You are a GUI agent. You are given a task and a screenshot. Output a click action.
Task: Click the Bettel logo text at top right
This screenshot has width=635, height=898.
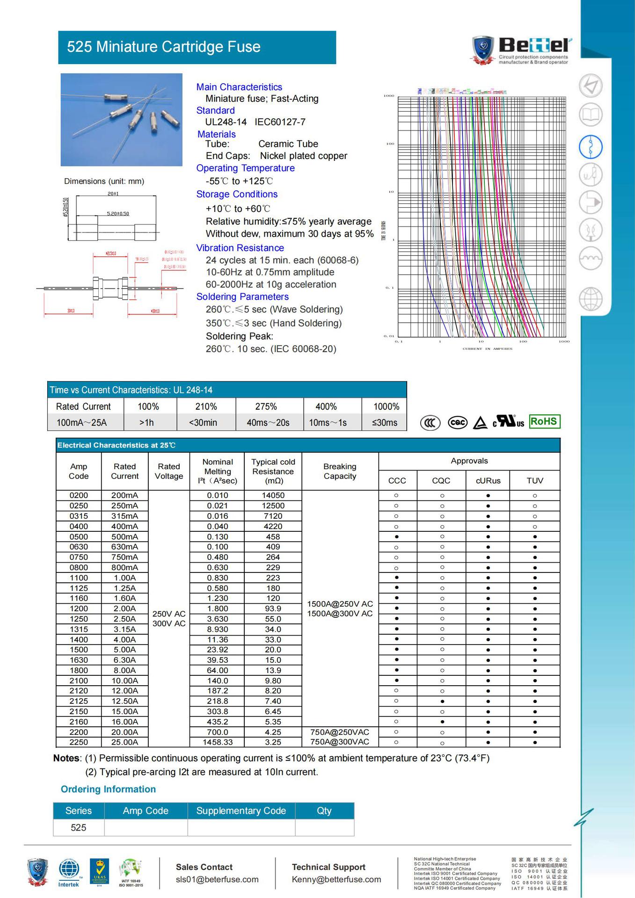click(x=534, y=45)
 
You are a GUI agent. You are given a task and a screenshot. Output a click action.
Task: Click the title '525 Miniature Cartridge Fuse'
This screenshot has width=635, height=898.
click(x=163, y=47)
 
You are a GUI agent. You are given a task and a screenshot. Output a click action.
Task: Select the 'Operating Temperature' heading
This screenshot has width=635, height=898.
click(x=245, y=168)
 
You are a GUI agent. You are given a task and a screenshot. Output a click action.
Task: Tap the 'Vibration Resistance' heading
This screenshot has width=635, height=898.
click(x=240, y=248)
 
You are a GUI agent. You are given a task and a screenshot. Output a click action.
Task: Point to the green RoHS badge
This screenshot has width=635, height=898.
click(x=544, y=421)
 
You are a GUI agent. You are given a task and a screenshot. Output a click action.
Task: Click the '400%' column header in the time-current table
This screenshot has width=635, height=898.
click(x=326, y=406)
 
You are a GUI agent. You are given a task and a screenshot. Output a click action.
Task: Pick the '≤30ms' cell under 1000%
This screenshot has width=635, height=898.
click(x=384, y=423)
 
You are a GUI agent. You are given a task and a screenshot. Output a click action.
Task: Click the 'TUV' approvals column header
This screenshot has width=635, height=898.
click(x=534, y=480)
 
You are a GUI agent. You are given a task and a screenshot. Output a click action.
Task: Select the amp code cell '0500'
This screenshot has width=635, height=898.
click(x=78, y=536)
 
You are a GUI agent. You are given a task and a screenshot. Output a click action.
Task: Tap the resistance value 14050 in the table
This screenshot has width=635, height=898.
click(x=273, y=495)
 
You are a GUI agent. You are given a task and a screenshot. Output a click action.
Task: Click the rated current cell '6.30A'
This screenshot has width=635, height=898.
click(x=124, y=660)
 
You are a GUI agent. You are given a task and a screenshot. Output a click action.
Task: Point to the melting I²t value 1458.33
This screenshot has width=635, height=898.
click(x=218, y=742)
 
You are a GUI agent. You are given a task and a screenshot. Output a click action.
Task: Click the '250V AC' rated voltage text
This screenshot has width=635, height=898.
click(x=169, y=614)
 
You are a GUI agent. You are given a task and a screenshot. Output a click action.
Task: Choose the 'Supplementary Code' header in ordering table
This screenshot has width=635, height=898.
click(x=241, y=811)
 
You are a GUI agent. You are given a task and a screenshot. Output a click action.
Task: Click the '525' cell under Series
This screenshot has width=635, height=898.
click(x=78, y=827)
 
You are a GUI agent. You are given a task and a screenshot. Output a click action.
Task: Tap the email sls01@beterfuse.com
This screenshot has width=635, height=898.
click(x=217, y=879)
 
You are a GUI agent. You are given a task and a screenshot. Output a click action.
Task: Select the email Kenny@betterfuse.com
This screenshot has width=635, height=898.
click(x=336, y=879)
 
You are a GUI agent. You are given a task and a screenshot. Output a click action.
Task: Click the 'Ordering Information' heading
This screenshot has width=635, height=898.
click(x=108, y=789)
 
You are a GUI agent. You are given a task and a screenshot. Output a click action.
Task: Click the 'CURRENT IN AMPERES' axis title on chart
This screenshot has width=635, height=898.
click(x=487, y=349)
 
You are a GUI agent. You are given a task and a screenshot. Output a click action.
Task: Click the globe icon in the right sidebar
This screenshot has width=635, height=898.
click(x=590, y=299)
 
